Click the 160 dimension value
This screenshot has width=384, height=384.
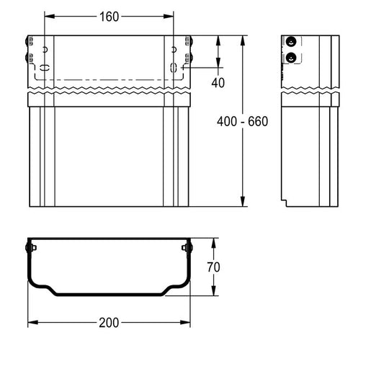[x=109, y=17]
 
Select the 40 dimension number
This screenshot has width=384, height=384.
[x=218, y=83]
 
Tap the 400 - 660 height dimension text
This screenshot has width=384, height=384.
[x=243, y=122]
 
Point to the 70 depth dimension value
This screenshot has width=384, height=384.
[x=213, y=267]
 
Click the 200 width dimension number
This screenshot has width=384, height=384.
[x=109, y=323]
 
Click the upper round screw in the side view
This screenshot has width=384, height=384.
[x=291, y=42]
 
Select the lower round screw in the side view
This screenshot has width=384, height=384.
[x=291, y=58]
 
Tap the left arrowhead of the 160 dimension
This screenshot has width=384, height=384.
[x=50, y=17]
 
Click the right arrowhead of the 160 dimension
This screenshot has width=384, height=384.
[x=169, y=17]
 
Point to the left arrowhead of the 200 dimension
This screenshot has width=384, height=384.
[x=33, y=322]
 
